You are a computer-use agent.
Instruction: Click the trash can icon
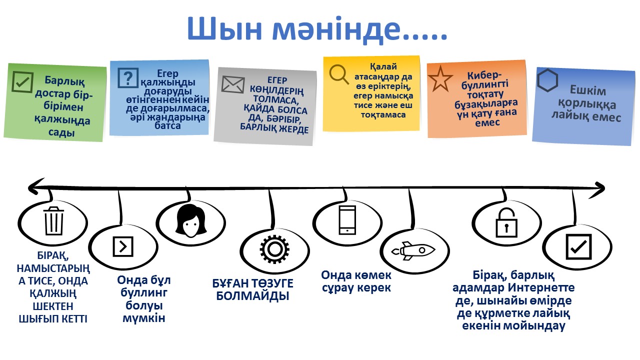53,220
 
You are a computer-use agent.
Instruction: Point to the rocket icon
413,249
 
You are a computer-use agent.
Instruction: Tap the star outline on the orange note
441,79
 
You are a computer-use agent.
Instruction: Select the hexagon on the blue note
547,79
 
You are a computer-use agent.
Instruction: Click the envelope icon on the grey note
232,84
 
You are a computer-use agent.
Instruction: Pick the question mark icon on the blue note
128,77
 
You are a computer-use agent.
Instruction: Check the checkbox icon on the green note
22,82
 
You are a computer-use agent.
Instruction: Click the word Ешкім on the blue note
588,91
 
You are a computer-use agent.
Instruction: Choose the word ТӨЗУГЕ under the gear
268,283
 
